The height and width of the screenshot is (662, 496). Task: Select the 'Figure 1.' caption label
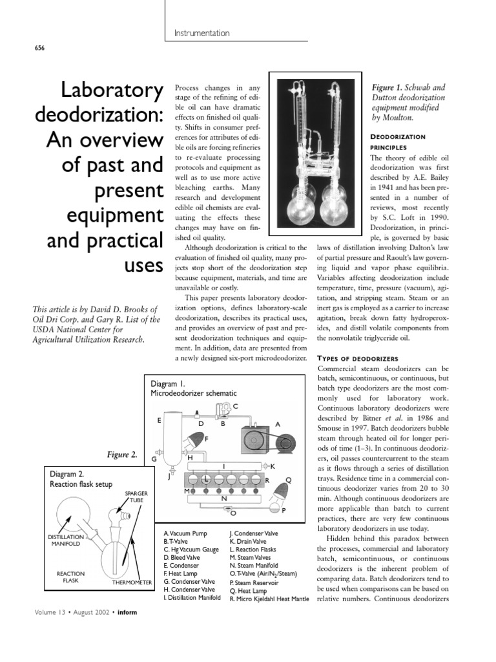[393, 87]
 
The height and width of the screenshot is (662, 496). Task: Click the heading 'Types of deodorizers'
[358, 358]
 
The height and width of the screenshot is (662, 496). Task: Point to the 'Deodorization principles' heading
[397, 142]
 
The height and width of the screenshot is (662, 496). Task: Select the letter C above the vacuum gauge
[236, 406]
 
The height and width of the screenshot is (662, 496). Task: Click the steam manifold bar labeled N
[223, 499]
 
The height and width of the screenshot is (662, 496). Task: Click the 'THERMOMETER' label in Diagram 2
[132, 582]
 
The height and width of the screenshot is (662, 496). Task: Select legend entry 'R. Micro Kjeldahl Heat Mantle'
[269, 599]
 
